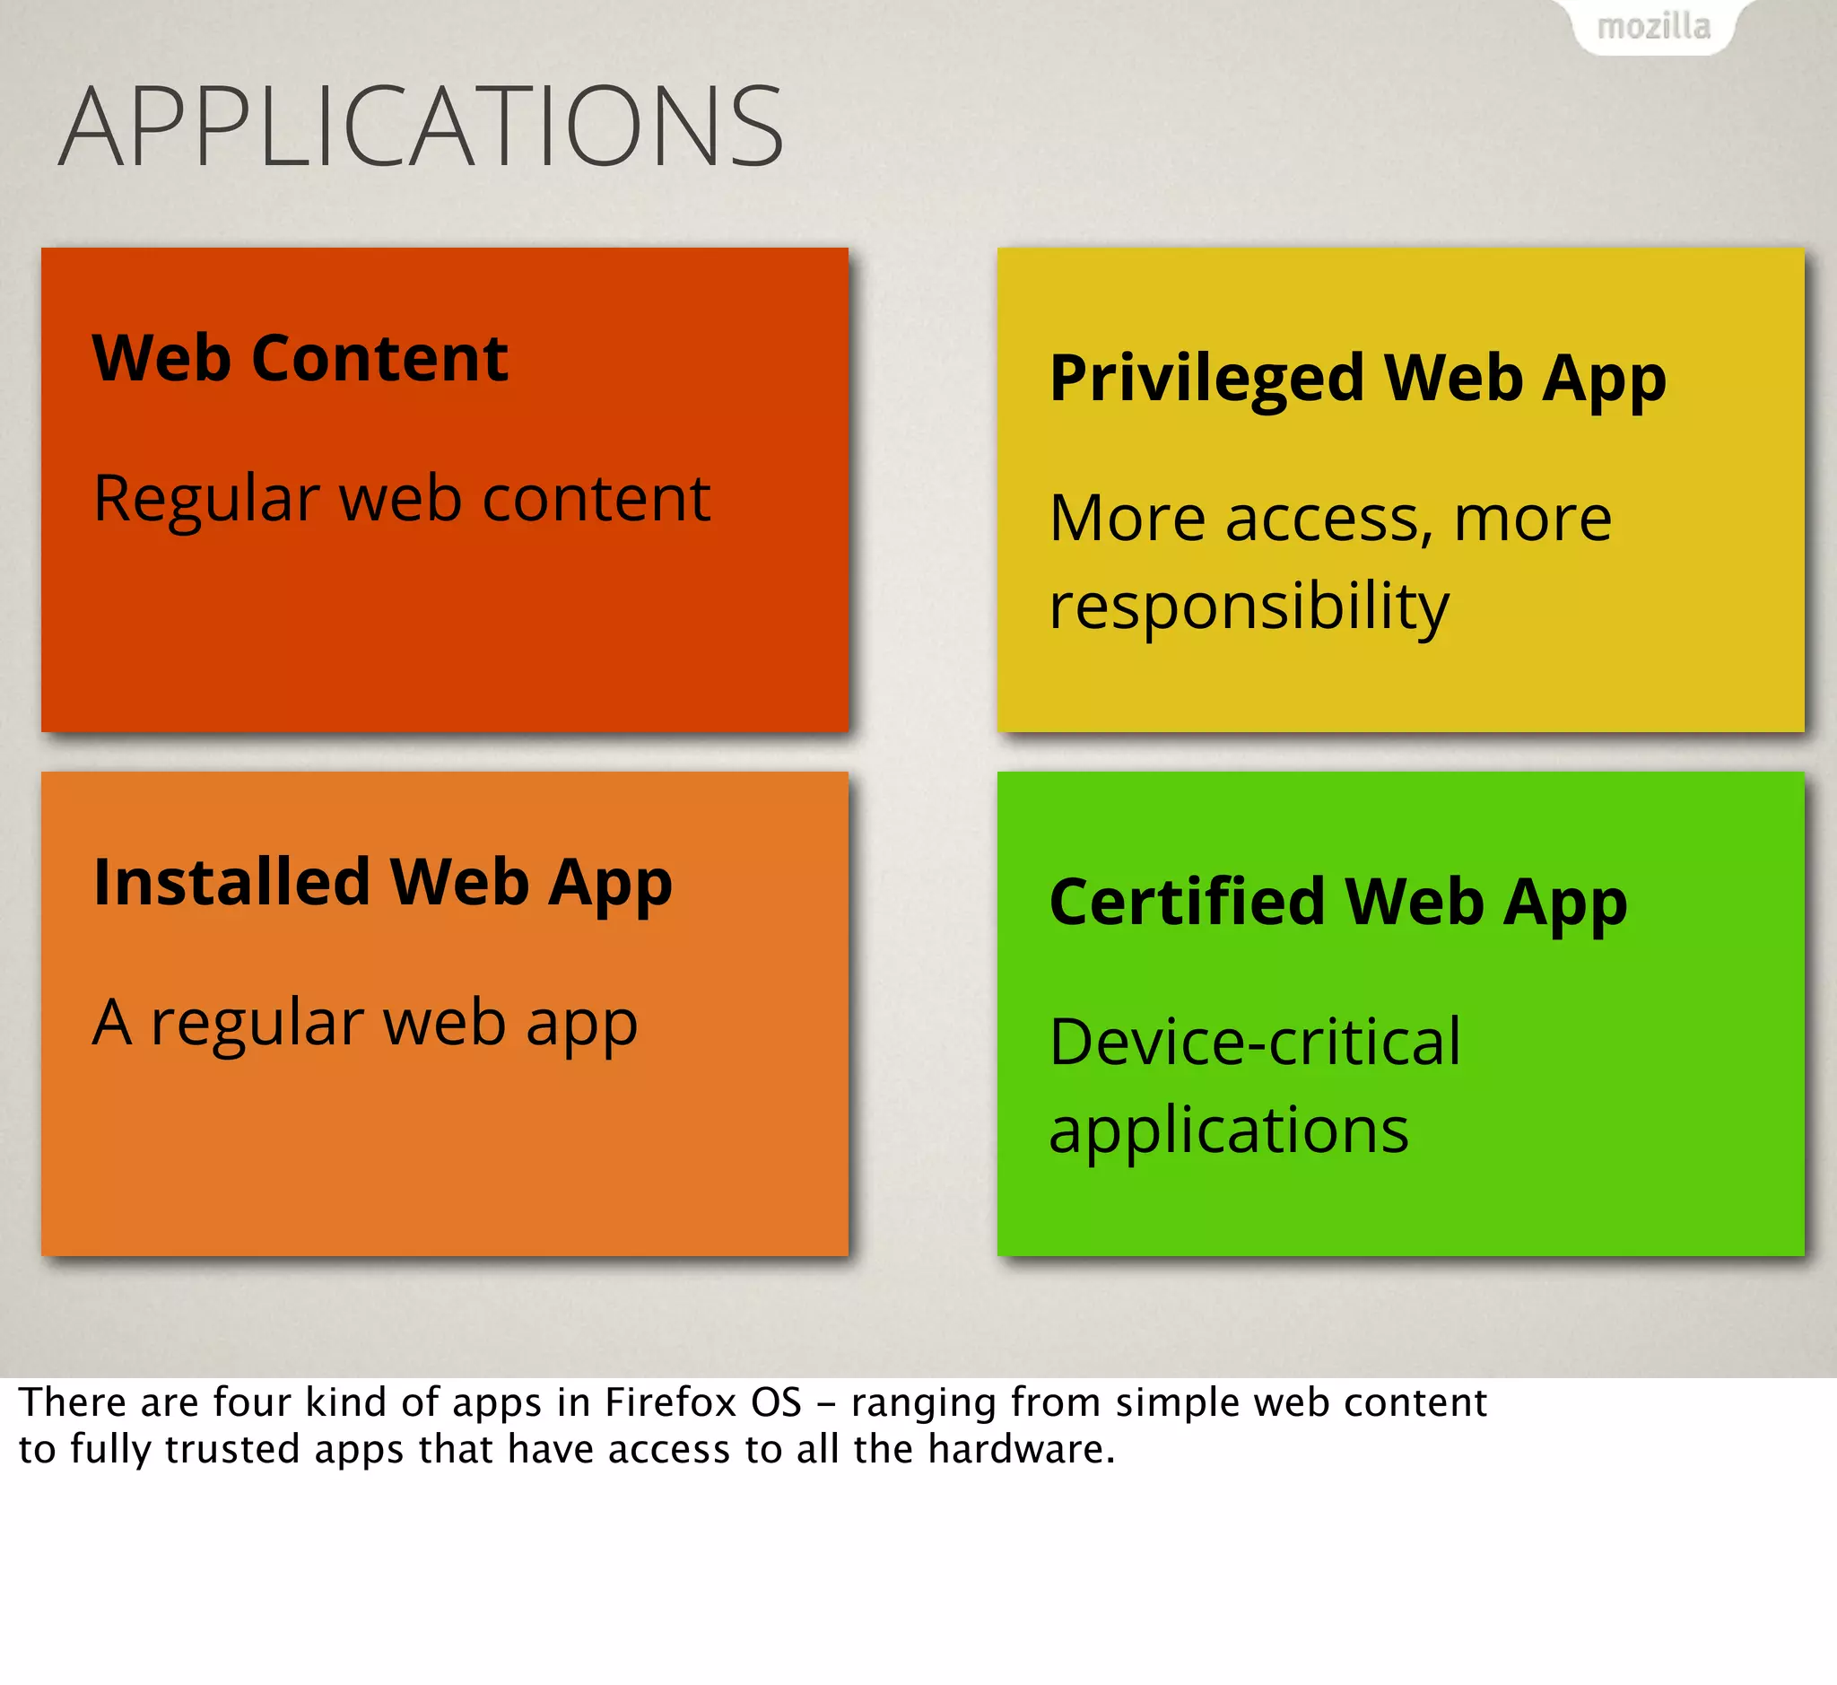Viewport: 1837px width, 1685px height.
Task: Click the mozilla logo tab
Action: click(x=1653, y=27)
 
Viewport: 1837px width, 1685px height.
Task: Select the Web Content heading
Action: click(x=300, y=357)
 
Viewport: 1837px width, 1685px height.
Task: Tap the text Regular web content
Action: click(x=401, y=499)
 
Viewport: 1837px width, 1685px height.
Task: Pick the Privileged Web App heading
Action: click(x=1357, y=379)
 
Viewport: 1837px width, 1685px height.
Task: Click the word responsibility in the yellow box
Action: click(x=1248, y=606)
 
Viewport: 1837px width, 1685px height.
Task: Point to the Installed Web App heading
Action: click(x=383, y=883)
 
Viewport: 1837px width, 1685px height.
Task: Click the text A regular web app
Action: click(x=365, y=1023)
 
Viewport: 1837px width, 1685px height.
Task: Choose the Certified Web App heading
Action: click(x=1337, y=903)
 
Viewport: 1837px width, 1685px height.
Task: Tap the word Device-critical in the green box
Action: click(x=1255, y=1043)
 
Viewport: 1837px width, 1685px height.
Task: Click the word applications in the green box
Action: click(x=1228, y=1131)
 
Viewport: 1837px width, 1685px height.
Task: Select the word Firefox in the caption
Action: click(x=670, y=1402)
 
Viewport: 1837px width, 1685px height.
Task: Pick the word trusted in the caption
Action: click(x=231, y=1449)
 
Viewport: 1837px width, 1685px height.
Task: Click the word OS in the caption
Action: click(x=776, y=1402)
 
